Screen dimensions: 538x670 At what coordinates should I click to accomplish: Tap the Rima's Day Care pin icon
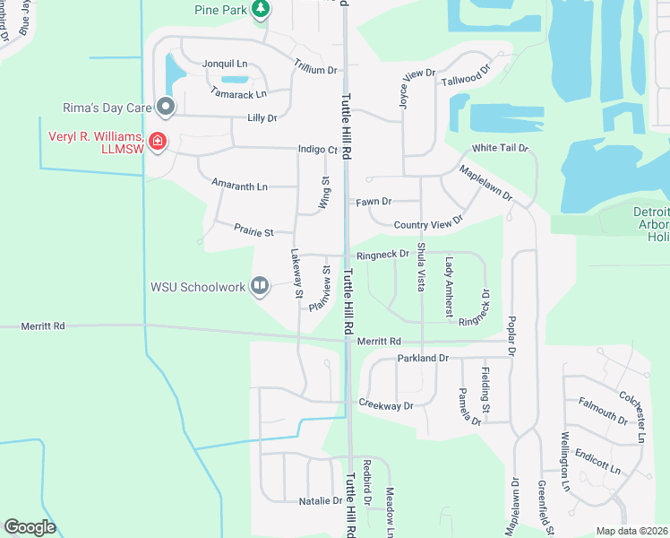tap(166, 108)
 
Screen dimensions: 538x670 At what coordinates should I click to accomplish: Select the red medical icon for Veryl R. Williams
tap(157, 142)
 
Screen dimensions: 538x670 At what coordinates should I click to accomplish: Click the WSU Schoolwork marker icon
tap(260, 286)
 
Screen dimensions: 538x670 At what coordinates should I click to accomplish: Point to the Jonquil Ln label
tap(224, 65)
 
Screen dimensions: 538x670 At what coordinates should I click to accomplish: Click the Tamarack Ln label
tap(238, 93)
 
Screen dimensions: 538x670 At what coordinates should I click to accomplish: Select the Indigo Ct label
tap(319, 151)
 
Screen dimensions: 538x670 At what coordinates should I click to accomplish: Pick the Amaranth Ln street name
tap(239, 186)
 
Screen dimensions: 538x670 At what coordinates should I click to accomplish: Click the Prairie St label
tap(254, 231)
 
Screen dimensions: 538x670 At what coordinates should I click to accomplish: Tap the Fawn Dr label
tap(374, 202)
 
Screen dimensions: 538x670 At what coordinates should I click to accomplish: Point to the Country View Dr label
tap(428, 222)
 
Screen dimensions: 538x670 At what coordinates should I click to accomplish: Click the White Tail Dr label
tap(500, 147)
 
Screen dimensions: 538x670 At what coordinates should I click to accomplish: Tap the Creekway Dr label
tap(386, 405)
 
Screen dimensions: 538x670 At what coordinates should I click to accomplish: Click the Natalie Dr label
tap(315, 501)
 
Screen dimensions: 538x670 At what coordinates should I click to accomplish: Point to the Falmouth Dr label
tap(603, 411)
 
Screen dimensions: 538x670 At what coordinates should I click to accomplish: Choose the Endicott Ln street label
tap(597, 461)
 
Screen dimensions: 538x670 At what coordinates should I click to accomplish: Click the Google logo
tap(30, 527)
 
